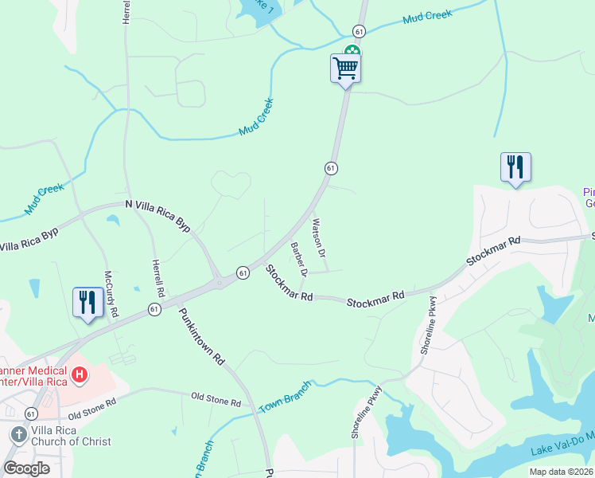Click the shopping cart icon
345,68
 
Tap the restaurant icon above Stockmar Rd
515,167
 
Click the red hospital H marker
80,374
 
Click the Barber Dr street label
298,259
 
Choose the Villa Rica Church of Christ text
72,435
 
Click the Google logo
26,468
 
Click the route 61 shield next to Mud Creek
360,31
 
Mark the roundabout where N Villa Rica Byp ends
216,282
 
